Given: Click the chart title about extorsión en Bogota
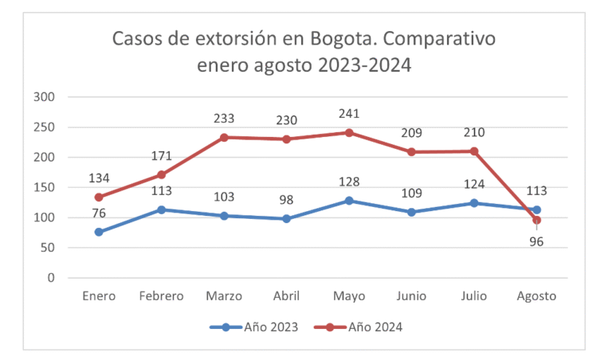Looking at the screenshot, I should click(304, 52).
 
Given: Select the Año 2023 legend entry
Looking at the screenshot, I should click(254, 327).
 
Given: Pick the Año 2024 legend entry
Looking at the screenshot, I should click(367, 327).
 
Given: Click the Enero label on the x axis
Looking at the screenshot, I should click(99, 296).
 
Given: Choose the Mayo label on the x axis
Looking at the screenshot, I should click(349, 296).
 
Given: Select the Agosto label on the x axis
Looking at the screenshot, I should click(536, 296).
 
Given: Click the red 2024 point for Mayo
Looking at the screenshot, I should click(349, 132).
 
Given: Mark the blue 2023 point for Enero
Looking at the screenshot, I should click(99, 232).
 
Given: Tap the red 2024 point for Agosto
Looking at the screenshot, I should click(536, 220).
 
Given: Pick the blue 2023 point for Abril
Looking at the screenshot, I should click(287, 218).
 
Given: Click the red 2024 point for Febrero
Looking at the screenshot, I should click(162, 174).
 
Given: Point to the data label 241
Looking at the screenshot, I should click(349, 114).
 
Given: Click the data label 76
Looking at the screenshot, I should click(99, 213).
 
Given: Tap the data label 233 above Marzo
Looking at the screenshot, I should click(224, 119).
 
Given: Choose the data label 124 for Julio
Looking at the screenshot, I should click(474, 185).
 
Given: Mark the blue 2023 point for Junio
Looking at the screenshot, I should click(411, 212).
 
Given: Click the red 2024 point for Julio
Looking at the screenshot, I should click(474, 151).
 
